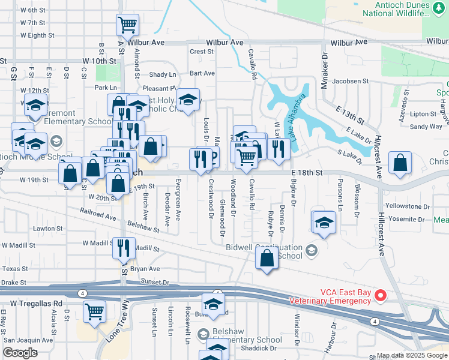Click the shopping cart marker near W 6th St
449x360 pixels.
click(127, 25)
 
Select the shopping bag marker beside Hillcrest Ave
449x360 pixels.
click(400, 163)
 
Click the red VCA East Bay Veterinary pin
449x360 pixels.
click(379, 295)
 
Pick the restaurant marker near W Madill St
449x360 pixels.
click(124, 247)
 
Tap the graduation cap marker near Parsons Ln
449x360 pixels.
click(324, 223)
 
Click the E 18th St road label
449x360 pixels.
click(307, 172)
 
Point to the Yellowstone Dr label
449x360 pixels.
click(408, 206)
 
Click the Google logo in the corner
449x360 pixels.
click(20, 353)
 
